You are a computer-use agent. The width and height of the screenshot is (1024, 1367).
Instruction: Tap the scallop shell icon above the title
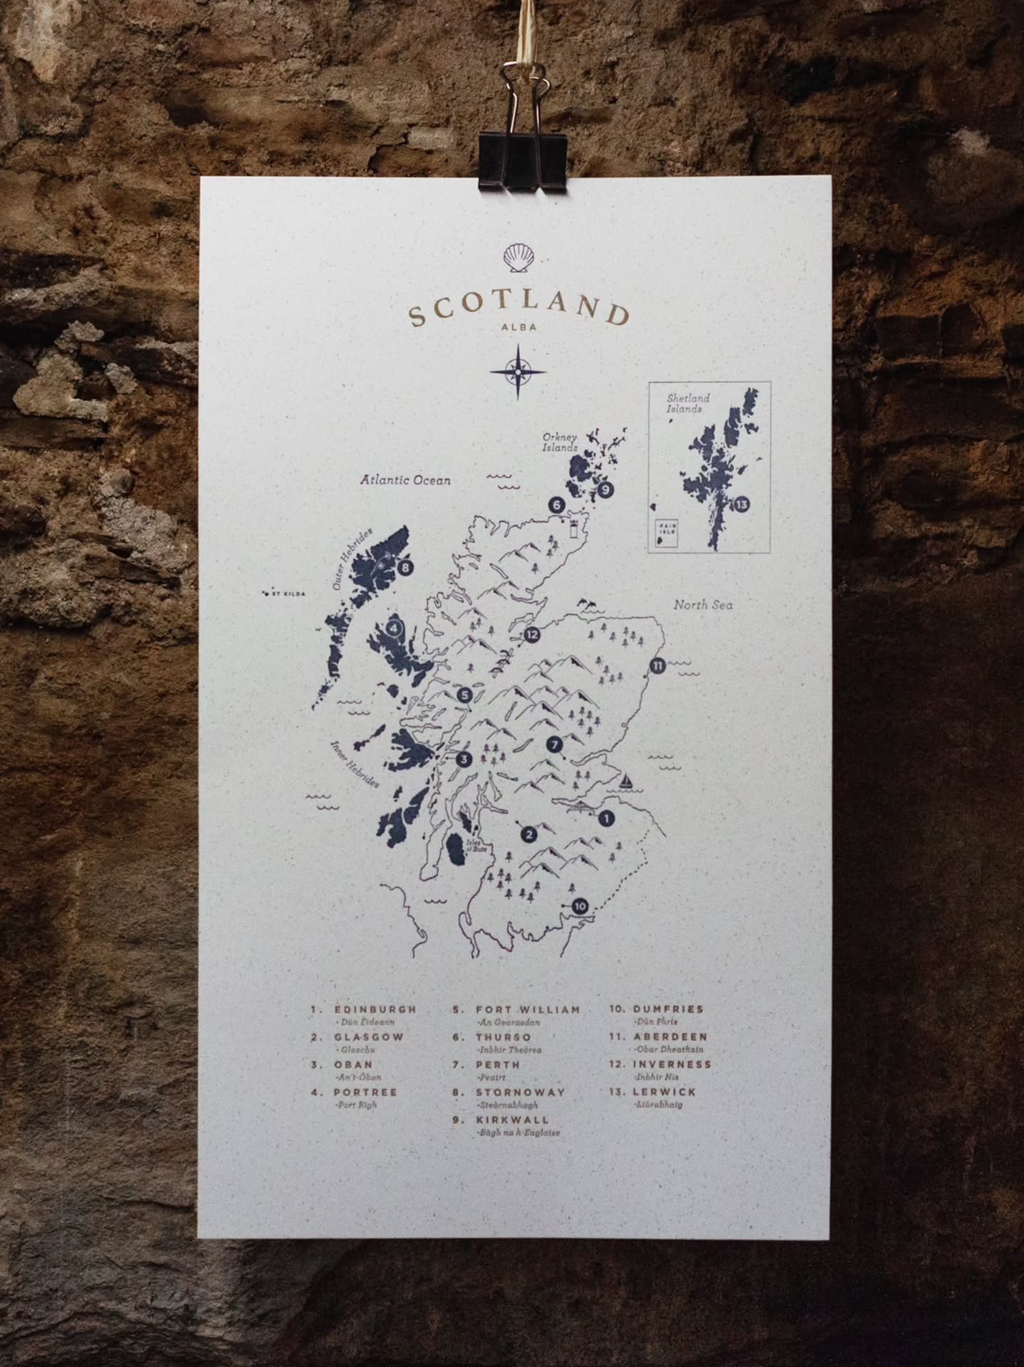517,258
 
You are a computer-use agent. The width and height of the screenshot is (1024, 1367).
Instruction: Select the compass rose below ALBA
518,370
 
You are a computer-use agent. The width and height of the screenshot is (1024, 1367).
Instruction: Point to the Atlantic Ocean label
405,480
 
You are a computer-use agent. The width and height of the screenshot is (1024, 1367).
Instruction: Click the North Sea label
703,605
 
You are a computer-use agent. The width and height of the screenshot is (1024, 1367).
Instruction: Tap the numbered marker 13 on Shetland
742,505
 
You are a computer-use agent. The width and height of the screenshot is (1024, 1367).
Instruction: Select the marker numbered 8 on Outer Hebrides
405,568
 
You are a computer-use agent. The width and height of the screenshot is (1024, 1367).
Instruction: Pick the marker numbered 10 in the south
580,906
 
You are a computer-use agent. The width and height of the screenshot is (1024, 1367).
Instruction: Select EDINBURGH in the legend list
375,1009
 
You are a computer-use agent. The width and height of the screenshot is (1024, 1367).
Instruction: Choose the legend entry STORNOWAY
521,1092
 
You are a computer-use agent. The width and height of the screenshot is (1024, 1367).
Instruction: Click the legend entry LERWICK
664,1092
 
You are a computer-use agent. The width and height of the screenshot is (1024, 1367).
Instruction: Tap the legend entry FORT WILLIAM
528,1009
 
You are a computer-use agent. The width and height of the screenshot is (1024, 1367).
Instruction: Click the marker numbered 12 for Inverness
530,635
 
